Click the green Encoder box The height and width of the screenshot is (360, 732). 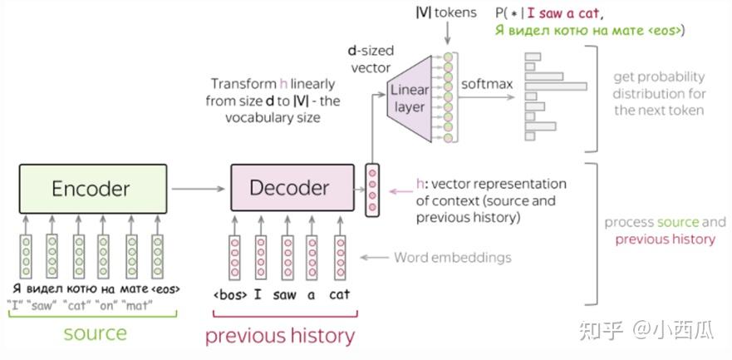coord(91,189)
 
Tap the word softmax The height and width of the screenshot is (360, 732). coord(487,85)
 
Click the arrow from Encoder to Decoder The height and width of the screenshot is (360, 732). coord(199,189)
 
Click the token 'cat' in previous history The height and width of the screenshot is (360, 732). coord(339,293)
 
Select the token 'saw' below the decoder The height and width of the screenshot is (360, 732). coord(284,293)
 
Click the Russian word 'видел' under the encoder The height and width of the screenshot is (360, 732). coord(46,288)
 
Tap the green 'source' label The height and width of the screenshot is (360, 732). coord(96,334)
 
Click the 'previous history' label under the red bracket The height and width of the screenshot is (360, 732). coord(280,336)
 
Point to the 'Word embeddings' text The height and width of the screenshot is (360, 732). coord(453,258)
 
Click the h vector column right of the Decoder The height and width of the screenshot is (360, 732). coord(372,190)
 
